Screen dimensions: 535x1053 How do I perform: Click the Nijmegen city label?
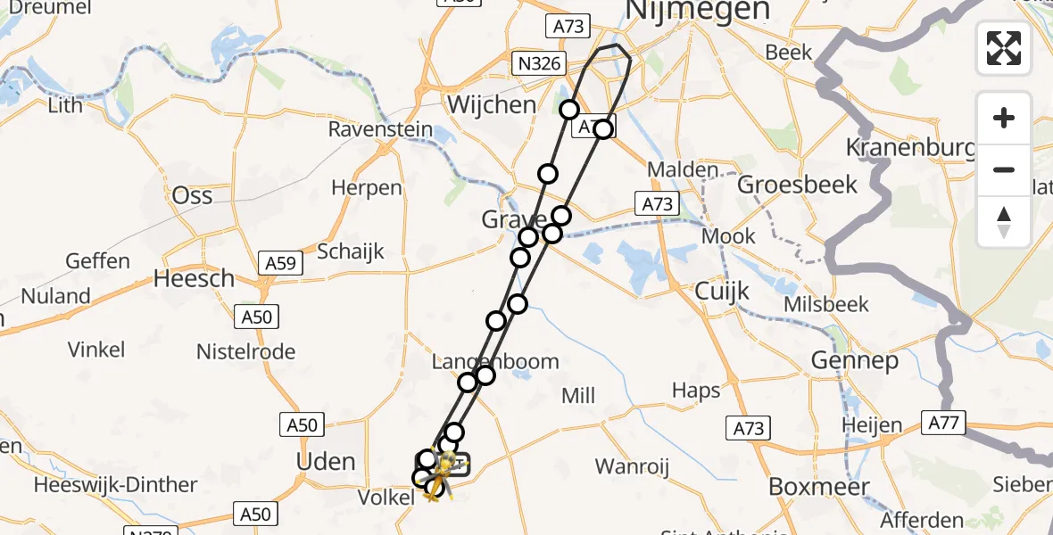click(698, 10)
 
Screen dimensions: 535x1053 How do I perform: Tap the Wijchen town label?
click(492, 104)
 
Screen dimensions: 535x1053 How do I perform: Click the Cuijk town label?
click(722, 292)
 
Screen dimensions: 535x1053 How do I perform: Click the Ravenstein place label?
click(380, 129)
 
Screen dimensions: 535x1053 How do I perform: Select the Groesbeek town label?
click(798, 185)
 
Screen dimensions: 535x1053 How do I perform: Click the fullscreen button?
click(1004, 48)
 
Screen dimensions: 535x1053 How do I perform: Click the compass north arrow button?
click(1004, 221)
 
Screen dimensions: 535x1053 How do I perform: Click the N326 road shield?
click(539, 63)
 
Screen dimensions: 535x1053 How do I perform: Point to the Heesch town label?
click(194, 278)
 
